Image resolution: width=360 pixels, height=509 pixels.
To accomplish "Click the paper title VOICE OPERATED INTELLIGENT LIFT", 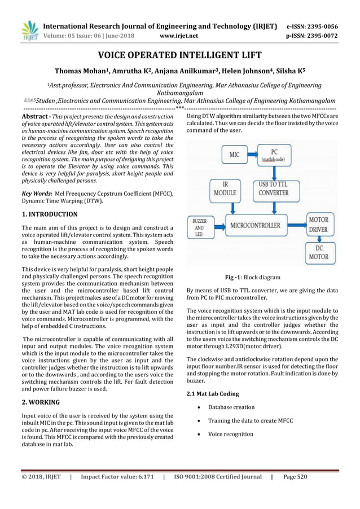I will (180, 55).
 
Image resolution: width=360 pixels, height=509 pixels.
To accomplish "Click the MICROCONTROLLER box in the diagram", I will (254, 225).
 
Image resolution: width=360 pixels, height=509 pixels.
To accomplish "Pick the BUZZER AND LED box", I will (200, 228).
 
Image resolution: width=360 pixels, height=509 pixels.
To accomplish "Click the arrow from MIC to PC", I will (252, 152).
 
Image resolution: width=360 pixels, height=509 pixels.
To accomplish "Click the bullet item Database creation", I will (231, 407).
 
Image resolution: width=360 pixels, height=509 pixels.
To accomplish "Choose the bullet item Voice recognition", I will (231, 434).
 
